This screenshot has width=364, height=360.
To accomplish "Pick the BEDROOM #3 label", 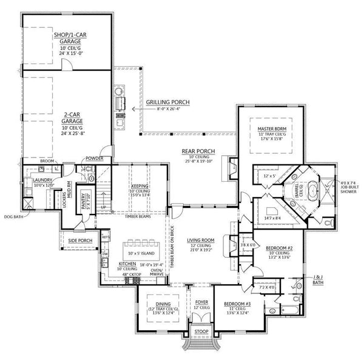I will point(237,303).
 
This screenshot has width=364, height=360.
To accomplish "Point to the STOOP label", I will point(200,332).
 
